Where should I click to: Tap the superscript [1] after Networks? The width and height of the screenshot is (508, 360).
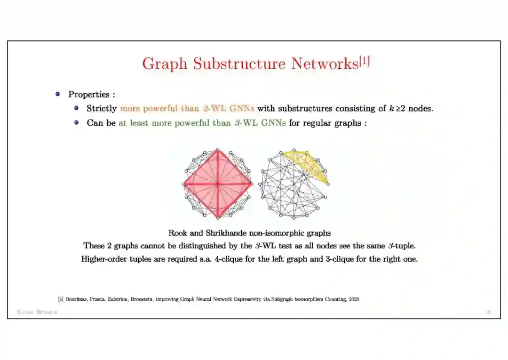tap(365, 61)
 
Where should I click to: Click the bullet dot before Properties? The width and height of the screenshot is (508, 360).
tap(58, 94)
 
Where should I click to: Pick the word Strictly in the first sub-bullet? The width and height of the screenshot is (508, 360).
tap(102, 109)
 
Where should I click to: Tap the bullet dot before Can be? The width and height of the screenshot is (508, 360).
tap(76, 123)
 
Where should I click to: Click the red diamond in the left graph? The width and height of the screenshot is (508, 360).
tap(217, 184)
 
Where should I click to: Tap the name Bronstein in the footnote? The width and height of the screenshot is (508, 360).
tap(143, 299)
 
